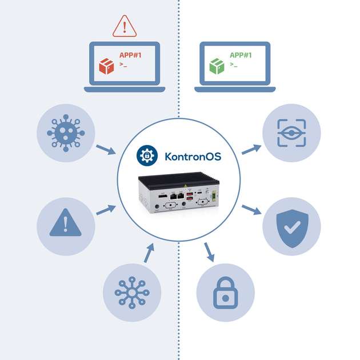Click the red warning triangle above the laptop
(x=125, y=26)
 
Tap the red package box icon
(x=106, y=65)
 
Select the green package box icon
(x=217, y=65)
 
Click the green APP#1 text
(x=241, y=55)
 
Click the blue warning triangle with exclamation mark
(x=66, y=222)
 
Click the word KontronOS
(x=192, y=156)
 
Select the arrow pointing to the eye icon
(x=251, y=150)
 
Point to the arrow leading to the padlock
(x=209, y=252)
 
